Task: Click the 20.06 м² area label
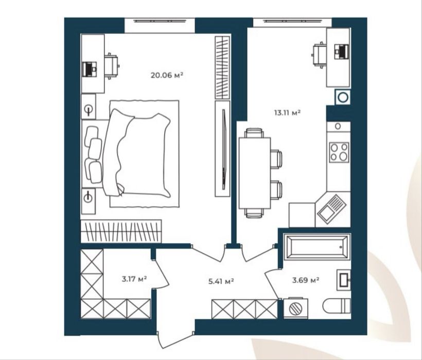tap(167, 75)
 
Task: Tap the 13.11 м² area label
tap(287, 112)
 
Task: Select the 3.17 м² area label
tap(134, 279)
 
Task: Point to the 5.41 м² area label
tap(221, 282)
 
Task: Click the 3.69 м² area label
tap(306, 280)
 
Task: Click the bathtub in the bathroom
tap(317, 247)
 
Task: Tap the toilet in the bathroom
tap(337, 306)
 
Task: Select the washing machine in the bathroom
tap(296, 308)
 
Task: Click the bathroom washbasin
tap(344, 279)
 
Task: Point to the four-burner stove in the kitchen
tap(339, 152)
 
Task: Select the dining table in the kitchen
tap(255, 173)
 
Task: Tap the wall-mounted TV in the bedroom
tap(223, 150)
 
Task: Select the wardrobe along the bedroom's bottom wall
tap(121, 231)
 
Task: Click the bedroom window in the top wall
tap(160, 21)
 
